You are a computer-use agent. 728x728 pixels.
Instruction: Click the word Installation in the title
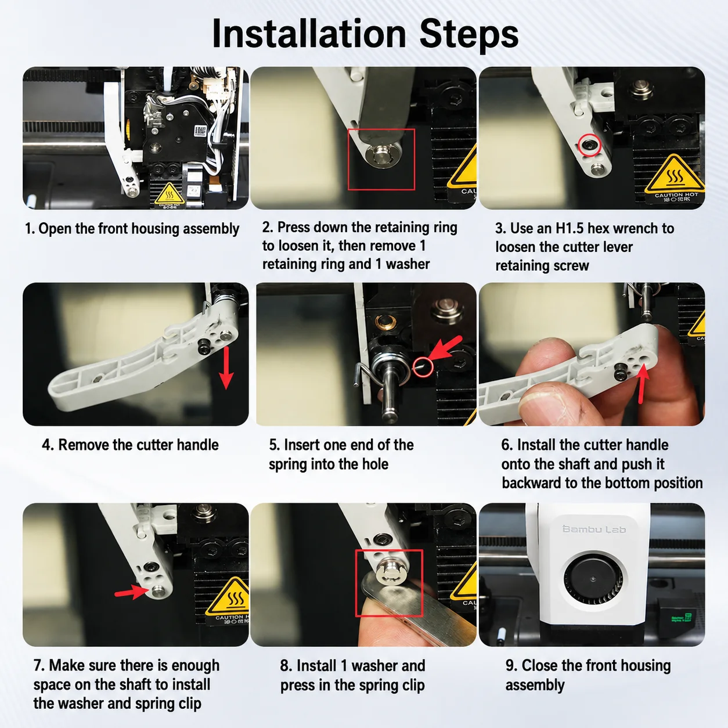click(x=309, y=34)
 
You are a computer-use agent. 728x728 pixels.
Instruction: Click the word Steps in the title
click(x=469, y=35)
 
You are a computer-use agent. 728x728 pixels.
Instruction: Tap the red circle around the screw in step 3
click(x=589, y=145)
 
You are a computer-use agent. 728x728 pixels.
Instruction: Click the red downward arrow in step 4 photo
click(x=226, y=367)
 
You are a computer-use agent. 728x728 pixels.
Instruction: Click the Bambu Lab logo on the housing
click(x=594, y=529)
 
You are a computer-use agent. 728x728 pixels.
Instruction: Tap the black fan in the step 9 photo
click(x=593, y=579)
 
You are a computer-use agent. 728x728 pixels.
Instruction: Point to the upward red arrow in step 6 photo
click(x=642, y=385)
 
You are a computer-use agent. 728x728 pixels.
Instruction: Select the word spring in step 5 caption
click(x=287, y=465)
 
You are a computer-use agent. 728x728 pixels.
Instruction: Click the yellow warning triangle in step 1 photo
click(x=170, y=193)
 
